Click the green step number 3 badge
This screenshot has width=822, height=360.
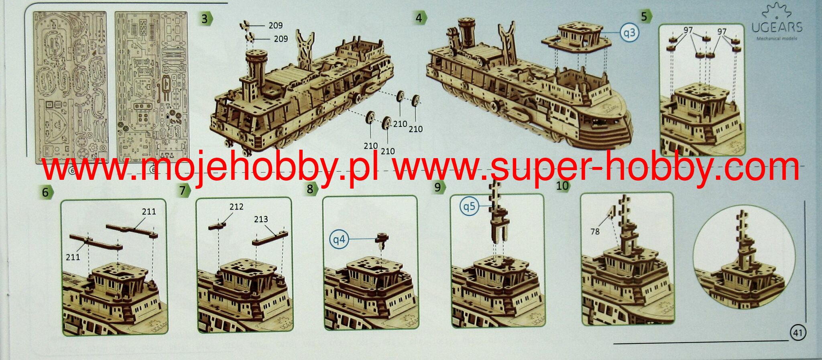pyautogui.click(x=206, y=18)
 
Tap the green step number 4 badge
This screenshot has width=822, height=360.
pyautogui.click(x=420, y=18)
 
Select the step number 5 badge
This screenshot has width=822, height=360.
pyautogui.click(x=645, y=16)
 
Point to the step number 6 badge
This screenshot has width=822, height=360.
pyautogui.click(x=46, y=192)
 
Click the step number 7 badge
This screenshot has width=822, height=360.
pyautogui.click(x=183, y=190)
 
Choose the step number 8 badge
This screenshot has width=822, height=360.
pyautogui.click(x=310, y=189)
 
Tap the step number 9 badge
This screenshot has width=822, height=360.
pyautogui.click(x=438, y=187)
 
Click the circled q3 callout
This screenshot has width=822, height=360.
pyautogui.click(x=629, y=32)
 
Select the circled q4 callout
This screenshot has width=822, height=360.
pyautogui.click(x=339, y=240)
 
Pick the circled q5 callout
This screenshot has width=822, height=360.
pyautogui.click(x=469, y=206)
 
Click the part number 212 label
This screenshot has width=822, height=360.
pyautogui.click(x=236, y=206)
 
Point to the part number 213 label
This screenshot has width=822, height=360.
pyautogui.click(x=261, y=219)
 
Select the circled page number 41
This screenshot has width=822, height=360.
pyautogui.click(x=798, y=333)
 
